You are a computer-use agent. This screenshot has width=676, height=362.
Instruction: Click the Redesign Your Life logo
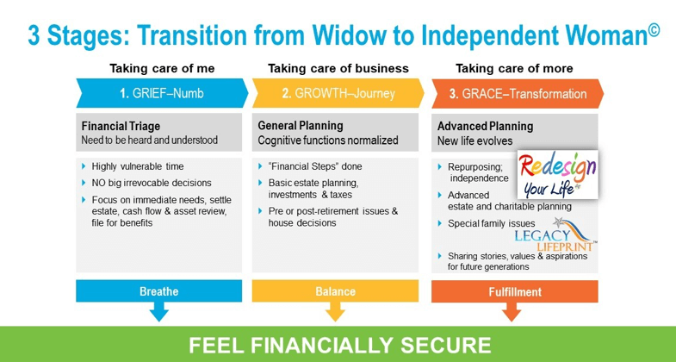tap(557, 174)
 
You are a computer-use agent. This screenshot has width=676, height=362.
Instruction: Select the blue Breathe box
tap(158, 291)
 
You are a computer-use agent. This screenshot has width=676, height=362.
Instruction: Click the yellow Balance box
tap(335, 291)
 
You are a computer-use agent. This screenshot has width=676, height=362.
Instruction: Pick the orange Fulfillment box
tap(515, 291)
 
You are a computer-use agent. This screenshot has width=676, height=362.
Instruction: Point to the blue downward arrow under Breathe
tap(158, 311)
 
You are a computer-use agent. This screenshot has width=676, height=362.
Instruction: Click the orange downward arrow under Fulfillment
tap(512, 311)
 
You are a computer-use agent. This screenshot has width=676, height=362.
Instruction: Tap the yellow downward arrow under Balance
tap(335, 311)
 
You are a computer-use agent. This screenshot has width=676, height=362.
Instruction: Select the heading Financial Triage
tap(121, 127)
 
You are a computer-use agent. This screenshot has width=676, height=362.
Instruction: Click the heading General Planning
tap(301, 126)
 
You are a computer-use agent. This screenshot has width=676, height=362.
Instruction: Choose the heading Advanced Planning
tap(486, 127)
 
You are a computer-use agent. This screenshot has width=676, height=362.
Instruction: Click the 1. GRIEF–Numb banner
tap(163, 93)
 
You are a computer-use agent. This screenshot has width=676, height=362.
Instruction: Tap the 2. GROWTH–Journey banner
tap(338, 93)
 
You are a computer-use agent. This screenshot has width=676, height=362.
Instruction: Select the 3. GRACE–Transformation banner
tap(518, 94)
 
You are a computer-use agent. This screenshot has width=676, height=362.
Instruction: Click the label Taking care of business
tap(338, 68)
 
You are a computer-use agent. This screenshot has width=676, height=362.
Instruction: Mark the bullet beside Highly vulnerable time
tap(84, 166)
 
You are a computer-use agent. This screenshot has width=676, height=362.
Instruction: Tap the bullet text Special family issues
tap(492, 223)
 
